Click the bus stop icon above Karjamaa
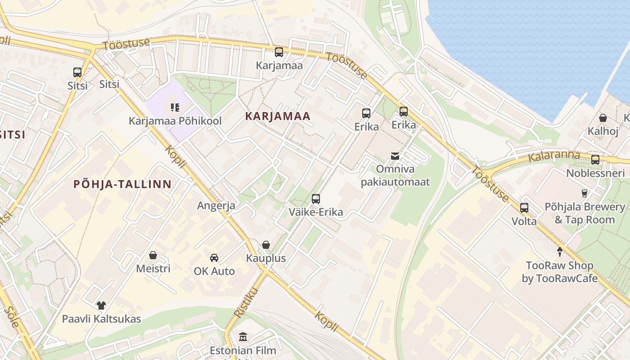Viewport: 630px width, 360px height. [x=279, y=52]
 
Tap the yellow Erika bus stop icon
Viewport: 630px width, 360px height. [x=404, y=112]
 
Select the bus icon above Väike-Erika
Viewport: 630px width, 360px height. [x=316, y=199]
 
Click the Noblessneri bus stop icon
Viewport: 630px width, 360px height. [x=595, y=160]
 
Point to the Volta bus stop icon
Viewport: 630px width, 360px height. [x=524, y=208]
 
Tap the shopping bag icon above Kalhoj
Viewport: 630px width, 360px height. [x=603, y=118]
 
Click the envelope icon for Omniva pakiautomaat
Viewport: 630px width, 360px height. [x=395, y=156]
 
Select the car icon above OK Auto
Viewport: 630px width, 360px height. [x=214, y=258]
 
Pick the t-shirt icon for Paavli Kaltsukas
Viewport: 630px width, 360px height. [x=101, y=306]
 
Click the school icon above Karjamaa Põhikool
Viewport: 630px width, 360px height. [x=175, y=108]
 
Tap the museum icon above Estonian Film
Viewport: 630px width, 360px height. [x=243, y=337]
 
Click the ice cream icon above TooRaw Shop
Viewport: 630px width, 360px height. [x=560, y=252]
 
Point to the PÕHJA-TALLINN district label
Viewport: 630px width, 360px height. [x=122, y=184]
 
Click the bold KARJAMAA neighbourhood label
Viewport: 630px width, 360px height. [x=278, y=116]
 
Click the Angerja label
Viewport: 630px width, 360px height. [x=216, y=206]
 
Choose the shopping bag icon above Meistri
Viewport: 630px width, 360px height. [x=153, y=255]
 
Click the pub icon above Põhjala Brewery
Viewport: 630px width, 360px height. [x=585, y=193]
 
